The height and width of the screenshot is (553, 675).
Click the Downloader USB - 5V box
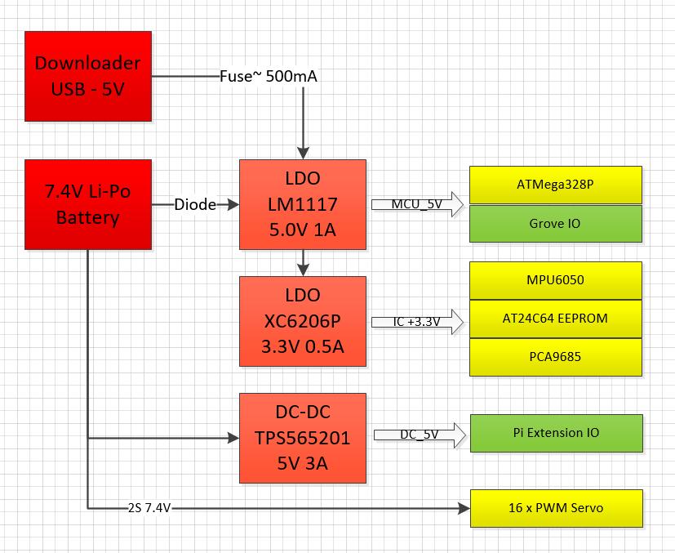(x=88, y=76)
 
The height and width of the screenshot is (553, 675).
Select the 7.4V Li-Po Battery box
(x=88, y=205)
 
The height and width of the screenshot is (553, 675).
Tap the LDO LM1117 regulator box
(x=303, y=205)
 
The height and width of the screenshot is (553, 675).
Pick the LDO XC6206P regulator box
(x=303, y=321)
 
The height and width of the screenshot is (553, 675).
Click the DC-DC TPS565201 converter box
(x=303, y=438)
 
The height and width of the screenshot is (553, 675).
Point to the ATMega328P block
(x=556, y=185)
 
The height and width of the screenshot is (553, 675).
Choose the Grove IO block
(x=556, y=223)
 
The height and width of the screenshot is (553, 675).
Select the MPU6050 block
(x=556, y=280)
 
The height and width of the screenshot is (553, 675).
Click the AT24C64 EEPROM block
(x=556, y=319)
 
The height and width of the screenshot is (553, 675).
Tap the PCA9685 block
(x=556, y=357)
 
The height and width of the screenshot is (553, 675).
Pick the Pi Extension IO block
(x=556, y=433)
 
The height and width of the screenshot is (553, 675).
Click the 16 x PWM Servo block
(x=556, y=508)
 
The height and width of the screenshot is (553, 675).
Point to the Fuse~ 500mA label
(x=269, y=77)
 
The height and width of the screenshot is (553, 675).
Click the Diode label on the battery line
(x=195, y=205)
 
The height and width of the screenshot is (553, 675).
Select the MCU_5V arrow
(x=416, y=204)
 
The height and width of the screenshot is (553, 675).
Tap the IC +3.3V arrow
(x=416, y=322)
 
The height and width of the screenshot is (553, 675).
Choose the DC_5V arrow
(x=416, y=435)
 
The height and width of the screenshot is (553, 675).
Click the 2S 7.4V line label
(x=149, y=508)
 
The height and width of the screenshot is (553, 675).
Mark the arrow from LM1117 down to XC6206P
(x=303, y=261)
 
